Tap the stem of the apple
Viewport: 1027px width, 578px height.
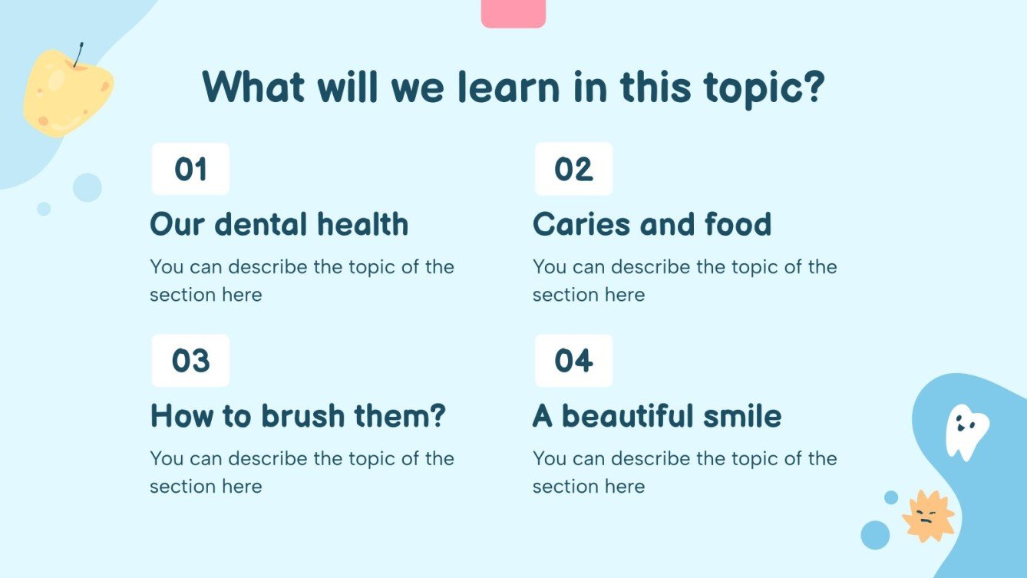tap(79, 54)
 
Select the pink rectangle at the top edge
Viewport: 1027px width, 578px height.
tap(513, 13)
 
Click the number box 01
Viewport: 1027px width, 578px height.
tap(190, 169)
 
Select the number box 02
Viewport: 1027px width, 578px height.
tap(573, 169)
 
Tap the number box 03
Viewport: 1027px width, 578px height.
tap(190, 360)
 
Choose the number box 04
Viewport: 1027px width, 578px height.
tap(573, 360)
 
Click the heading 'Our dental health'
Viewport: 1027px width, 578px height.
tap(279, 224)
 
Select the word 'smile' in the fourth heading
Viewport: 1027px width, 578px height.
tap(744, 416)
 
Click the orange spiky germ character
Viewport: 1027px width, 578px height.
tap(928, 516)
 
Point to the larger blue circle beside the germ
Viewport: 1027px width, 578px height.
tap(875, 534)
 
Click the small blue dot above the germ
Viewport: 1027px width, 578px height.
tap(891, 497)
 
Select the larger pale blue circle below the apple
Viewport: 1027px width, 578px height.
tap(88, 187)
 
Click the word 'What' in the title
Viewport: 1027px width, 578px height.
tap(248, 88)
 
